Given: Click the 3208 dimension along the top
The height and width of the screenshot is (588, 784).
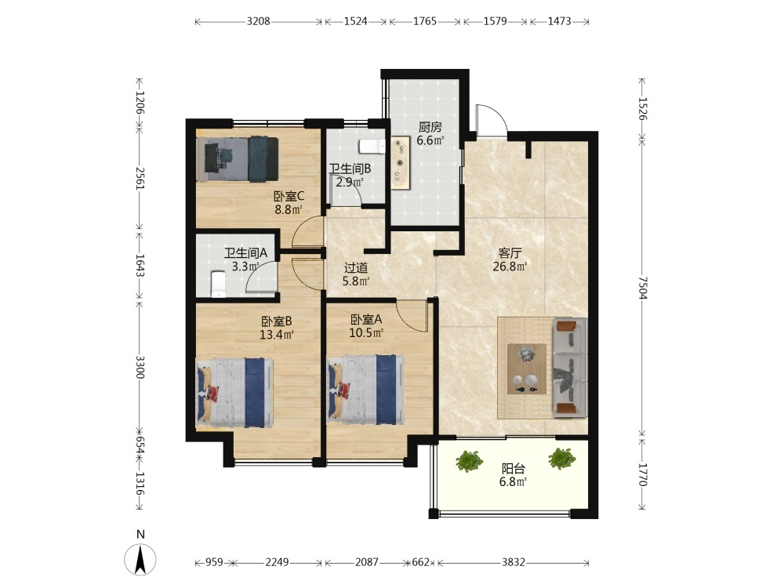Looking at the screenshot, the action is click(x=259, y=21).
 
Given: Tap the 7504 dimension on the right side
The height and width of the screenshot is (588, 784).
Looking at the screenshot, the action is click(x=643, y=288).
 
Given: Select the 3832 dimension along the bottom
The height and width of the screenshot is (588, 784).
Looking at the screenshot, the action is click(x=514, y=562).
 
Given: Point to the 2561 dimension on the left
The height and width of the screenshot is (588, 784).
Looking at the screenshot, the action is click(x=140, y=177).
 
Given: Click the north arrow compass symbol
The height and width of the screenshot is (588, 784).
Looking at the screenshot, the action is click(x=140, y=558).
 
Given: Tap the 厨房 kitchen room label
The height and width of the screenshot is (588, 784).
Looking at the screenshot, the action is click(x=430, y=128).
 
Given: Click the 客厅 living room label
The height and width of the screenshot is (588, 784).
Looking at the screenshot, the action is click(x=510, y=253).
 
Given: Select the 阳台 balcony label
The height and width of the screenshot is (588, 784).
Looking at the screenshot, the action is click(x=514, y=469).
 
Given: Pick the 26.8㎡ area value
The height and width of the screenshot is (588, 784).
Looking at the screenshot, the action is click(x=510, y=267).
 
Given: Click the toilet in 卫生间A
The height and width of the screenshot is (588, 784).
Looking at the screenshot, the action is click(x=219, y=284).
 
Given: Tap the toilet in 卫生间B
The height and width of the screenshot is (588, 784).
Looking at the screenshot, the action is click(x=372, y=146).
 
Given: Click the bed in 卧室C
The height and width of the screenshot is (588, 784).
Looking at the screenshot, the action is click(x=238, y=158).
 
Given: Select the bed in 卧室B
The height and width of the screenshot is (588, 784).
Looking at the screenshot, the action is click(x=234, y=393).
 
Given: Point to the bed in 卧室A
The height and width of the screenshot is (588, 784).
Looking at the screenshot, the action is click(x=365, y=390).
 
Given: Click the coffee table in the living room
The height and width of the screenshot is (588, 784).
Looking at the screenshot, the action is click(x=527, y=369).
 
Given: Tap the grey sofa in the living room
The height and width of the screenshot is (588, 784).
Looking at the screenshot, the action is click(x=569, y=368).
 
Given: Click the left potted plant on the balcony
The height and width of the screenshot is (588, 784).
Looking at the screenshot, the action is click(x=470, y=460).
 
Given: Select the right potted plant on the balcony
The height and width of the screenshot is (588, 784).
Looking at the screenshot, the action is click(x=562, y=459).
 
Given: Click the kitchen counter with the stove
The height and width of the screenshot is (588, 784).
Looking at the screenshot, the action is click(x=401, y=162).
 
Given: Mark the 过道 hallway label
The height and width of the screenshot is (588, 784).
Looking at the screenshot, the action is click(x=356, y=268).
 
